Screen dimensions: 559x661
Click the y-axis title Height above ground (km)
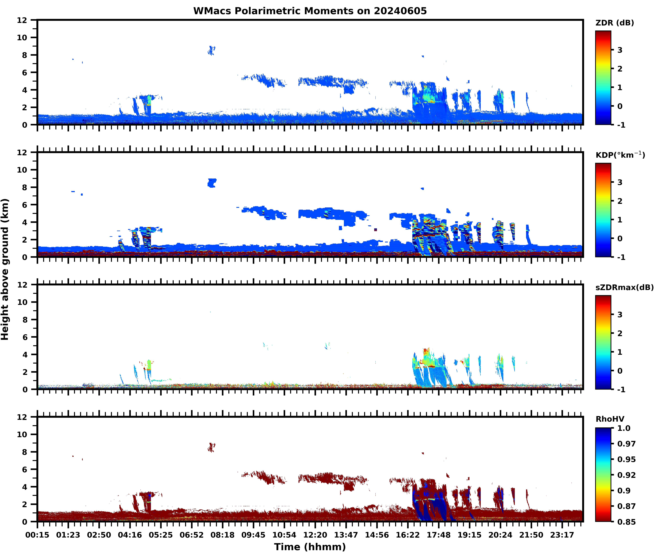point(5,269)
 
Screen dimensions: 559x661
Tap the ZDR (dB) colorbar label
point(614,23)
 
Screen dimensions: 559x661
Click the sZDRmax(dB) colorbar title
point(624,287)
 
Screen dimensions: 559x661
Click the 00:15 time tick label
point(37,535)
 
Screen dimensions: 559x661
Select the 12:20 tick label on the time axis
point(315,535)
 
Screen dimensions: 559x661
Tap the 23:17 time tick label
point(562,535)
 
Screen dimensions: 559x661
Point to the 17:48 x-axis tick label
point(439,535)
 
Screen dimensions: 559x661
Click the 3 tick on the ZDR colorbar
point(620,50)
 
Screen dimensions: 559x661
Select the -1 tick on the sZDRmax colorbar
point(621,389)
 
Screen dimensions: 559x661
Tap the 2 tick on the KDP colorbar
point(620,201)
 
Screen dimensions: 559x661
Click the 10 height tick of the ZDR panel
point(22,37)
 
